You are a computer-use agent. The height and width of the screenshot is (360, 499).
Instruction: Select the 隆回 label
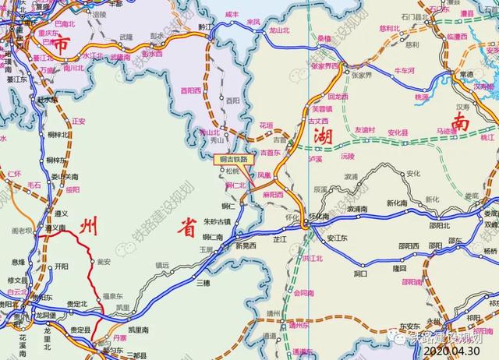(x=400, y=267)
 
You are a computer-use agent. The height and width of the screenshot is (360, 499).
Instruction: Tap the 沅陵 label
(x=347, y=156)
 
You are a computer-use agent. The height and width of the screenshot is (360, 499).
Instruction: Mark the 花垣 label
(x=266, y=125)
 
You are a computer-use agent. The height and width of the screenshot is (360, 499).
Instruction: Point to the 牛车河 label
(x=404, y=69)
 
